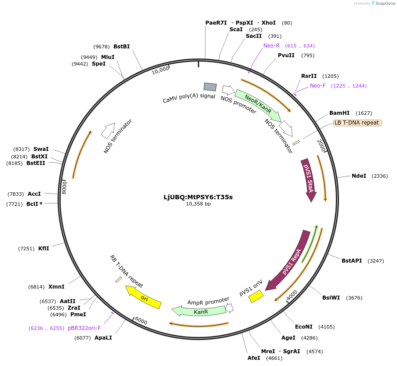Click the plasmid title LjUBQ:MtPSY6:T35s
point(198,197)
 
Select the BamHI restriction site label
point(339,113)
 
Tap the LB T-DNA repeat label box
point(357,123)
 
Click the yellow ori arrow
point(143,297)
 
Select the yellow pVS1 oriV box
point(256,297)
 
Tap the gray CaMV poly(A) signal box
point(210,87)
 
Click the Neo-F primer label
point(317,86)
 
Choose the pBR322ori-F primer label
point(84,328)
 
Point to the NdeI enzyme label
point(359,176)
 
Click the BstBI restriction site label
point(121,47)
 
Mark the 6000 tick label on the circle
point(141,321)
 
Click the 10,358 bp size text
point(198,204)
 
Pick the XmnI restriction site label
point(56,287)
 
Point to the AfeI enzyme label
point(254,358)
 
